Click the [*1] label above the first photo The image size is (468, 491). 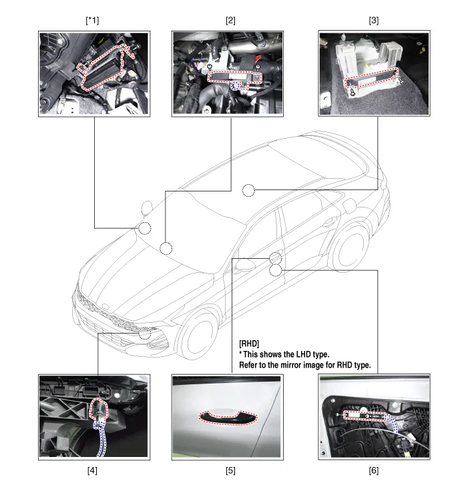[x=92, y=21]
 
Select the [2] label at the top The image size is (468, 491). [x=230, y=21]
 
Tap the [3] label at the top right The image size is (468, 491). [x=374, y=21]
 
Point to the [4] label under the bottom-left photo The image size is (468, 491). [x=92, y=470]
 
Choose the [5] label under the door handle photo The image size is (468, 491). [x=230, y=470]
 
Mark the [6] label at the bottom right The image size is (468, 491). [x=374, y=470]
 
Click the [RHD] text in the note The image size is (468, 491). [x=249, y=344]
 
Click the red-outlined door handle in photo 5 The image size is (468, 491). [x=228, y=418]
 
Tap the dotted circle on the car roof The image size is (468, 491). [x=248, y=190]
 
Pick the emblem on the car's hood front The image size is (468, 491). [x=106, y=306]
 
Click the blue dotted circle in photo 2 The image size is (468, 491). [x=234, y=85]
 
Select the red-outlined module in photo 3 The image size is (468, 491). [x=372, y=77]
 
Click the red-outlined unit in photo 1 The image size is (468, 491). [x=105, y=68]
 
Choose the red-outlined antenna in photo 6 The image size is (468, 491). [x=366, y=416]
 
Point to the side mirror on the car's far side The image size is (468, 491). [x=147, y=207]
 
